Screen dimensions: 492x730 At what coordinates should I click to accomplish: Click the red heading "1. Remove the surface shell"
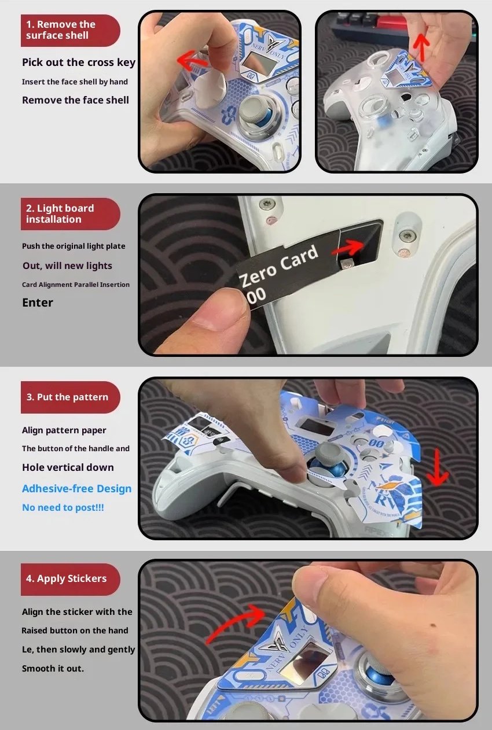pyautogui.click(x=61, y=30)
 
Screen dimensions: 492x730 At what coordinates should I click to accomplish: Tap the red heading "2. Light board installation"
pyautogui.click(x=60, y=214)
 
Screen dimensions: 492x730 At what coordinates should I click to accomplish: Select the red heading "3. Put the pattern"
pyautogui.click(x=67, y=397)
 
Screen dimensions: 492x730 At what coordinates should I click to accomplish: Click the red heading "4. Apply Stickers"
pyautogui.click(x=66, y=579)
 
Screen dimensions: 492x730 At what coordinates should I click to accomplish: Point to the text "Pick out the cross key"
pyautogui.click(x=79, y=62)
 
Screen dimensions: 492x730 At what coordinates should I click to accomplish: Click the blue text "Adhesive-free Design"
pyautogui.click(x=76, y=489)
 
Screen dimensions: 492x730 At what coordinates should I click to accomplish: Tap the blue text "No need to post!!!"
pyautogui.click(x=63, y=507)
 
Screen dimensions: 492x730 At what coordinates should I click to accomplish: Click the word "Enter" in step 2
pyautogui.click(x=38, y=303)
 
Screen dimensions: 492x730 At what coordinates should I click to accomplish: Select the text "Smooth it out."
pyautogui.click(x=53, y=669)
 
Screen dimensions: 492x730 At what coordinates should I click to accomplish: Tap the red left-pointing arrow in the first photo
pyautogui.click(x=192, y=60)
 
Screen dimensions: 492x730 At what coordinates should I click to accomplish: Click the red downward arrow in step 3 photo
pyautogui.click(x=438, y=468)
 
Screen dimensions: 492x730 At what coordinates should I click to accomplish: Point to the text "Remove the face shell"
pyautogui.click(x=75, y=100)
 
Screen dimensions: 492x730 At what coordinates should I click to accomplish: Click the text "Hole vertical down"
pyautogui.click(x=68, y=467)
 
